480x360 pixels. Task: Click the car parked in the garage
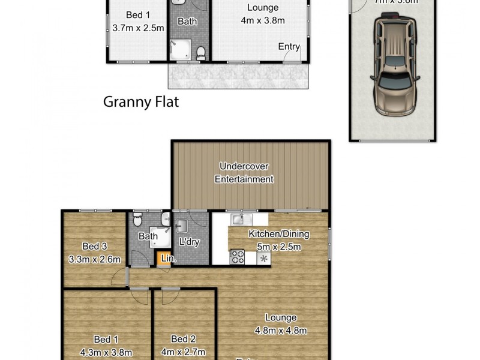point(394,65)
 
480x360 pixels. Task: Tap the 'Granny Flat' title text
point(141,102)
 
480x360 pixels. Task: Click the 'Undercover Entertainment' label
point(246,172)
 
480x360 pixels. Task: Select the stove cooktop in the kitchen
point(238,257)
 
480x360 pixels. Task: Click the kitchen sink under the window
point(242,218)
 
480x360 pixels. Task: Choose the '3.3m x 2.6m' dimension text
point(95,259)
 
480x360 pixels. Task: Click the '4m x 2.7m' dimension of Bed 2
point(184,352)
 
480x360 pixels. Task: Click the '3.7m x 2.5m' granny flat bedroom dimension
point(136,27)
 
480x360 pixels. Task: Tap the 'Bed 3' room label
point(95,245)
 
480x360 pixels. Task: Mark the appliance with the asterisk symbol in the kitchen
point(263,258)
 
